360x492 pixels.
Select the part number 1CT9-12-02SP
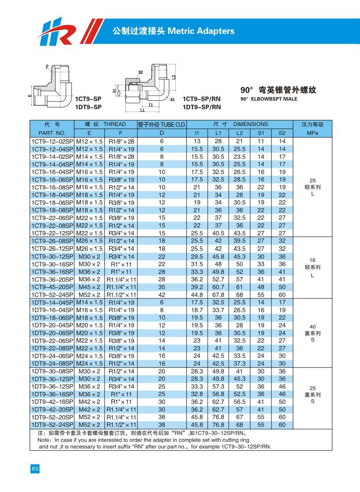click(x=52, y=141)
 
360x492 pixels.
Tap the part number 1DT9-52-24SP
click(x=52, y=425)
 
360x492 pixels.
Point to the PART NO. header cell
click(x=52, y=133)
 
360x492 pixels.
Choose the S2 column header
click(x=282, y=133)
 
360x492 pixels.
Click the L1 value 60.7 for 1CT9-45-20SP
click(x=218, y=287)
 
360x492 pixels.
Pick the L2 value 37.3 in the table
click(x=239, y=364)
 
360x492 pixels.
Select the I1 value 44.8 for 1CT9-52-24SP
click(x=197, y=295)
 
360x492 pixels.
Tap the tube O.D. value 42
click(x=162, y=295)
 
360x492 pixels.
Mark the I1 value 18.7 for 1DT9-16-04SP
click(x=197, y=310)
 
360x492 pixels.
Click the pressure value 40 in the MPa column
click(x=312, y=327)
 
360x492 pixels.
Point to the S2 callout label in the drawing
click(x=141, y=72)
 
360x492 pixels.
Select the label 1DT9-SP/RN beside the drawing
click(x=201, y=107)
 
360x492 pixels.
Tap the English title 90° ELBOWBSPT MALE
click(x=269, y=99)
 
